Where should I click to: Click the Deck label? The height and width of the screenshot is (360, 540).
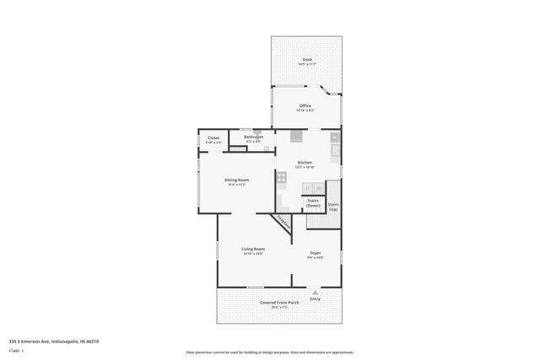tap(306, 59)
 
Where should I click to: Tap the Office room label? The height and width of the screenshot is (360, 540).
tap(305, 105)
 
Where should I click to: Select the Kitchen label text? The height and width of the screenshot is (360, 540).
tap(305, 162)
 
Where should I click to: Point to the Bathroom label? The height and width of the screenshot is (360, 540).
tap(253, 137)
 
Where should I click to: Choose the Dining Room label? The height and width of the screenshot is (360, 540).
tap(236, 180)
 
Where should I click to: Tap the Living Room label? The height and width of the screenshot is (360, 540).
tap(253, 249)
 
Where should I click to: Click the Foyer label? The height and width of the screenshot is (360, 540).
tap(315, 253)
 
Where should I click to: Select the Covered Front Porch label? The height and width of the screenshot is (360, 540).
tap(279, 302)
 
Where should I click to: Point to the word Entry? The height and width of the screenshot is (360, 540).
tap(316, 298)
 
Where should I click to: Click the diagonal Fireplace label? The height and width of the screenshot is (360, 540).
tap(284, 223)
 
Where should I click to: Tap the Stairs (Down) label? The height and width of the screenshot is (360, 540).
tap(313, 202)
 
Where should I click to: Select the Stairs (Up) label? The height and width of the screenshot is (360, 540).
tap(333, 206)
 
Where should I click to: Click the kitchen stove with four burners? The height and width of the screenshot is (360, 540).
tap(282, 177)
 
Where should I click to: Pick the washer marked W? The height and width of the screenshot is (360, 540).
tap(319, 187)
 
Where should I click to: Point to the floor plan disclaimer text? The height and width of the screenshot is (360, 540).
tap(270, 352)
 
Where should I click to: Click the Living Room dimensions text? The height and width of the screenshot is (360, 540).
tap(253, 254)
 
